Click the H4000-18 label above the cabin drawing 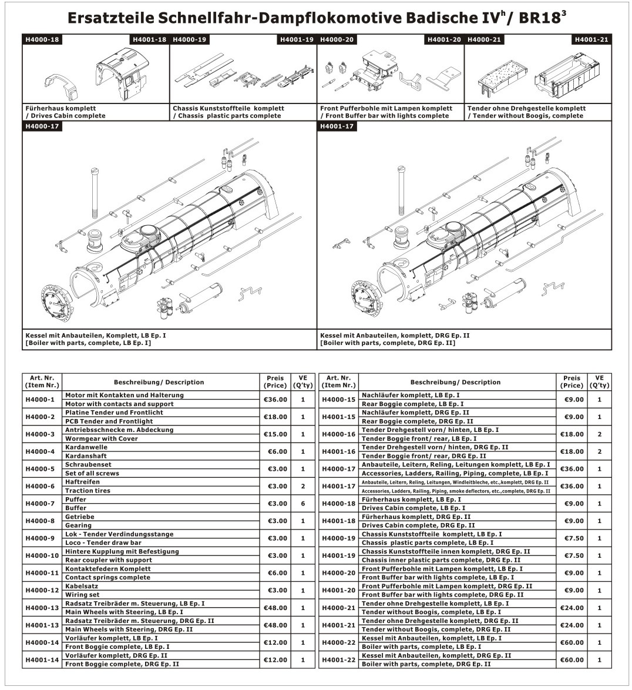(x=41, y=40)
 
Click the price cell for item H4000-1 (x=275, y=400)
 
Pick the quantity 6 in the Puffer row (x=303, y=504)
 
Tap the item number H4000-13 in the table (x=42, y=608)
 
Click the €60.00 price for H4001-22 (x=572, y=660)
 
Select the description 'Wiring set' (x=82, y=595)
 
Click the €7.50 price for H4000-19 (x=572, y=538)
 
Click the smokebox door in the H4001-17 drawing (x=367, y=297)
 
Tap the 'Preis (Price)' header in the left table (x=275, y=382)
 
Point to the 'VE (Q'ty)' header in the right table (x=599, y=382)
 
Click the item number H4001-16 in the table (x=339, y=451)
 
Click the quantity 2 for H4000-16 (x=599, y=434)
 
